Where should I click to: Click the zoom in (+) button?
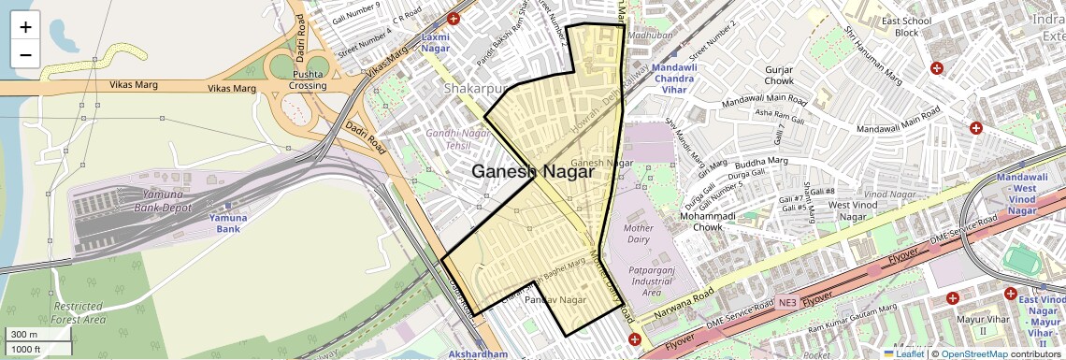coord(25,26)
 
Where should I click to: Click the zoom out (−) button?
coord(25,54)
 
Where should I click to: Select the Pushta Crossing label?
coord(309,79)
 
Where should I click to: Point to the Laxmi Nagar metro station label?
coord(436,42)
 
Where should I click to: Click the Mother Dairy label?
coord(638,234)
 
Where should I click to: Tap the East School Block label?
coord(906,26)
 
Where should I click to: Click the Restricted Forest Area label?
coord(79,312)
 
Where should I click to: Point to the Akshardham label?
coord(478,354)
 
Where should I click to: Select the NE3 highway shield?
coord(790,303)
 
